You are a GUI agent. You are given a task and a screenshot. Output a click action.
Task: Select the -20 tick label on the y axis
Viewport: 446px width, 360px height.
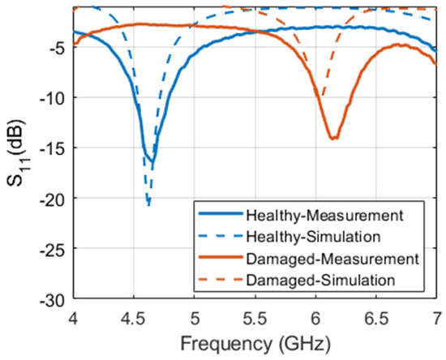point(54,199)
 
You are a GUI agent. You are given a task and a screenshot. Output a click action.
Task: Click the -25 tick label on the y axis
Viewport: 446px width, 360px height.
point(54,249)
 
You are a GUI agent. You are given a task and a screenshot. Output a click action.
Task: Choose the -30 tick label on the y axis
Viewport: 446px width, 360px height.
point(54,299)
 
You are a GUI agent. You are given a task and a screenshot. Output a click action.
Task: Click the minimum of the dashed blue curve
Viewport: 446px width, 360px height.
point(148,206)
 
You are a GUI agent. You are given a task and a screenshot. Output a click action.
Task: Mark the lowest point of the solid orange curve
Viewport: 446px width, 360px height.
point(332,139)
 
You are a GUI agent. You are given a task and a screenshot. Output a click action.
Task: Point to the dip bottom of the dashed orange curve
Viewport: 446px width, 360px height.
point(322,100)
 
